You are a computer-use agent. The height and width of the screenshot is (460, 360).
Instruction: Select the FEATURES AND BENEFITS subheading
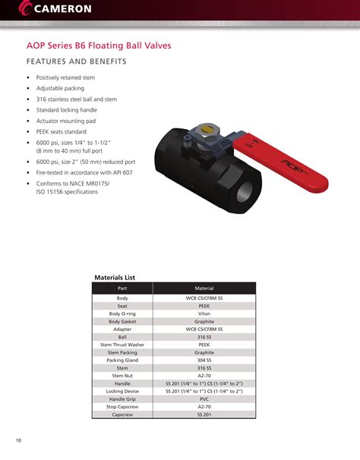point(76,61)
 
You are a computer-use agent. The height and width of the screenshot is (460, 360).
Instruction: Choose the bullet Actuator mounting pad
point(67,121)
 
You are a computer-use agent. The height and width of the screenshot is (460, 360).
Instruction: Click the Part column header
point(122,289)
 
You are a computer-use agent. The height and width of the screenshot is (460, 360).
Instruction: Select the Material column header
point(204,289)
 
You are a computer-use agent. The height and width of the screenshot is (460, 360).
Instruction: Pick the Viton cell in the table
point(204,313)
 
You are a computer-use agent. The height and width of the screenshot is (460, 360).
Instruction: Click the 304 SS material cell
point(204,361)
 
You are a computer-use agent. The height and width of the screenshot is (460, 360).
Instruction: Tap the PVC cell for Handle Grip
point(204,399)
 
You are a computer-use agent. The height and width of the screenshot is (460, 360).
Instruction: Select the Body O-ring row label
point(122,313)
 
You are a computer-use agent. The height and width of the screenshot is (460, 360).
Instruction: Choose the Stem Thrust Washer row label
point(122,345)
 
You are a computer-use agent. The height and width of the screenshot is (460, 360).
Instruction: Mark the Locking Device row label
point(122,392)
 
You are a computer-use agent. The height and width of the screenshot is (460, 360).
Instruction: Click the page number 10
point(18,441)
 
